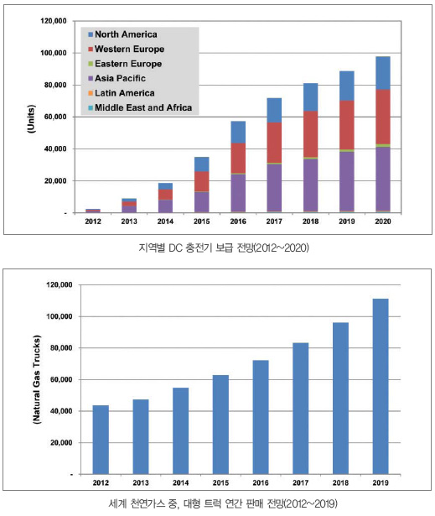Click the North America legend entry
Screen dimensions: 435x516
pyautogui.click(x=122, y=34)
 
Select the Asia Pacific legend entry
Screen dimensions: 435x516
pyautogui.click(x=117, y=78)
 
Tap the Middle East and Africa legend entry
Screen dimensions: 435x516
pyautogui.click(x=140, y=107)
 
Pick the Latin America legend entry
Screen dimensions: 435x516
pyautogui.click(x=122, y=93)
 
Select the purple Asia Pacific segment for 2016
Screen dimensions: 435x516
pyautogui.click(x=238, y=193)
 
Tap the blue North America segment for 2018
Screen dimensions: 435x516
pyautogui.click(x=310, y=97)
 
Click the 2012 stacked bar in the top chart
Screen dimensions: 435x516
pyautogui.click(x=93, y=211)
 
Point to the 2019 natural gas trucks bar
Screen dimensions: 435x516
pyautogui.click(x=381, y=386)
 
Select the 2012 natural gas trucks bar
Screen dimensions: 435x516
pyautogui.click(x=101, y=440)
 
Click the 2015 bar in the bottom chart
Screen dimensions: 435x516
pyautogui.click(x=220, y=425)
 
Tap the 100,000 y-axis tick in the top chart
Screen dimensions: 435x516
pyautogui.click(x=54, y=53)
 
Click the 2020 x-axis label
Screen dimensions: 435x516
pyautogui.click(x=383, y=222)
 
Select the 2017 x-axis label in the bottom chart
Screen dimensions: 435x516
pyautogui.click(x=301, y=482)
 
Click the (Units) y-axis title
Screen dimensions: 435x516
pyautogui.click(x=31, y=119)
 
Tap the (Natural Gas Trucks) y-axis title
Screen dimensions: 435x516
pyautogui.click(x=37, y=379)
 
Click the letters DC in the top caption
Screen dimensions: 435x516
pyautogui.click(x=175, y=248)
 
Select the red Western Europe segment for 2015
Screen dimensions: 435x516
pyautogui.click(x=201, y=181)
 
